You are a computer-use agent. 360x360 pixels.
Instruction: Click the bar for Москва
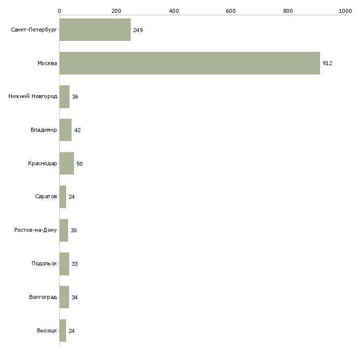[190, 63]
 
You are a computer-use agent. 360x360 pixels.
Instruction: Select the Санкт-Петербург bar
[95, 30]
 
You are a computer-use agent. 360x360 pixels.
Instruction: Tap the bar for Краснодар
[67, 163]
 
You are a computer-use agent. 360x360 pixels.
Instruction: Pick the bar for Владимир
[66, 130]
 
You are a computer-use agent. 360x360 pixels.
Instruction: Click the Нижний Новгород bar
[65, 97]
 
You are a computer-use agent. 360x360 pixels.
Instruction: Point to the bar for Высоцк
[63, 330]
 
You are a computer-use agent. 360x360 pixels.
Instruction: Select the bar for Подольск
[64, 264]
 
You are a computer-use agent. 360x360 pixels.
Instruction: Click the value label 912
[327, 63]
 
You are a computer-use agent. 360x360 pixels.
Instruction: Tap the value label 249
[138, 30]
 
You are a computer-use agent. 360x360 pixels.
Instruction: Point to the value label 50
[79, 164]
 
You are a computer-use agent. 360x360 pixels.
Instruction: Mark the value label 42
[77, 130]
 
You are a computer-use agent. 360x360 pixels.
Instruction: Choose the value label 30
[73, 230]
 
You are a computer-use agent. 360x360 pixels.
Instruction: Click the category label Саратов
[46, 196]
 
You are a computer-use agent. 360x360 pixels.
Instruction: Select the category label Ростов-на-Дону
[36, 230]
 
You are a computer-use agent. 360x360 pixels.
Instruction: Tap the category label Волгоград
[43, 297]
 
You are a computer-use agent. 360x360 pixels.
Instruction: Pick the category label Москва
[47, 63]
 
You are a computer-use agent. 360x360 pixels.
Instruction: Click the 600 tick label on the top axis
[231, 11]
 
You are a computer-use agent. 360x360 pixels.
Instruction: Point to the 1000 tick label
[345, 11]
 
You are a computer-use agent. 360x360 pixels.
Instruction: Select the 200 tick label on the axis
[116, 11]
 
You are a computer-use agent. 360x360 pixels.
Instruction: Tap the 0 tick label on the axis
[60, 11]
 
